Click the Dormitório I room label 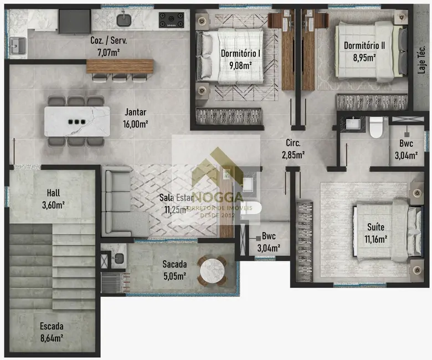[240, 54]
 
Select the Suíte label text [375, 227]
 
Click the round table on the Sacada [213, 271]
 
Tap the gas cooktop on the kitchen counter [172, 20]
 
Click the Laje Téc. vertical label [421, 59]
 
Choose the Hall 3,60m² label [54, 199]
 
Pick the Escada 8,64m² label [51, 331]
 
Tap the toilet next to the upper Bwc [376, 127]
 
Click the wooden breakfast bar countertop [120, 66]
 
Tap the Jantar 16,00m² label [135, 117]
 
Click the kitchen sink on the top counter [123, 20]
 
